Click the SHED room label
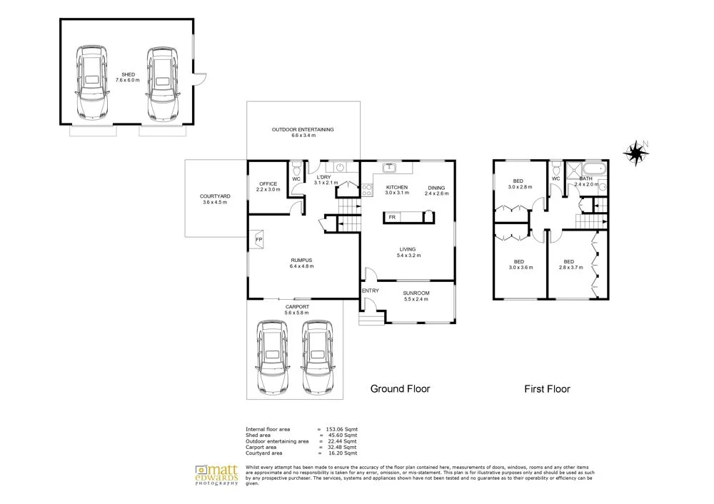point(128,74)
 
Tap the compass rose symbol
point(633,151)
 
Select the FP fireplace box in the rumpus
point(258,240)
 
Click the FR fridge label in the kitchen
point(392,217)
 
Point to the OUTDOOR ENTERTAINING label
point(303,129)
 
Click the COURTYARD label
point(214,196)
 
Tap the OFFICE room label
point(268,184)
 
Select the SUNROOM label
point(416,293)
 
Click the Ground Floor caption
point(400,389)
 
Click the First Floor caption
point(547,389)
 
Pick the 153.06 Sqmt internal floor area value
point(342,429)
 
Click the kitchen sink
point(391,168)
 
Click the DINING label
point(436,188)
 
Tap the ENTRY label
point(371,291)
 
